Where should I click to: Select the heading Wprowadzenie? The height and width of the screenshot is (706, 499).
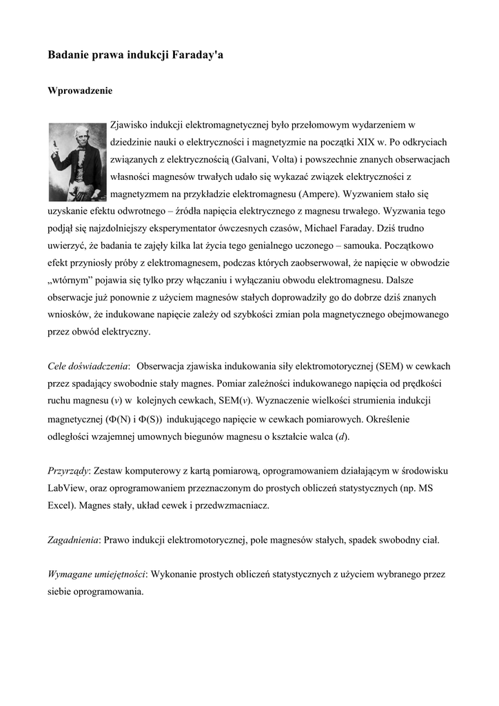(79, 90)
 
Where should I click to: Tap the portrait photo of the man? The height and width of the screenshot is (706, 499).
(77, 161)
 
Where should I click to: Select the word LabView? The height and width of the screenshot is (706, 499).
(66, 487)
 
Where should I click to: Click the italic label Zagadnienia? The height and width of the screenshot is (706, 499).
(72, 540)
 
